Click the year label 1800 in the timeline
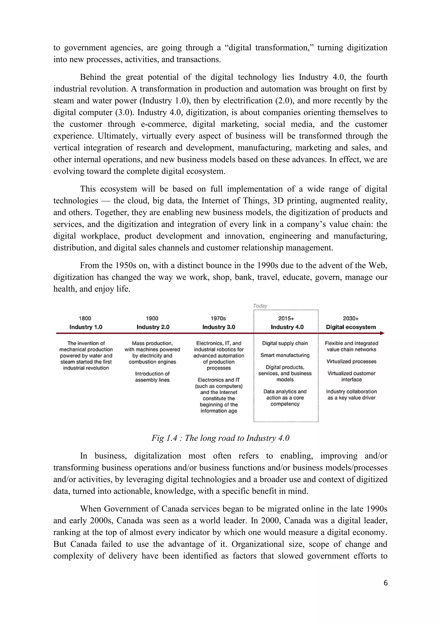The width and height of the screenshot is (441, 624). (x=85, y=318)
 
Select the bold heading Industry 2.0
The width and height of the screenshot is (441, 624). (x=153, y=327)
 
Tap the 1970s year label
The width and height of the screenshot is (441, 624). (x=218, y=318)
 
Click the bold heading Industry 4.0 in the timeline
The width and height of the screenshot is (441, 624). (x=287, y=327)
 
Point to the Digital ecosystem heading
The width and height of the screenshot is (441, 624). (x=351, y=327)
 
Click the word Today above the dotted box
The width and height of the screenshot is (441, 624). (x=260, y=306)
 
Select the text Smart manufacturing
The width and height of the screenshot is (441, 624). (x=285, y=355)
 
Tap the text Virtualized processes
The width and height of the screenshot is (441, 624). (x=351, y=362)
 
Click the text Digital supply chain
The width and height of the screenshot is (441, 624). (x=285, y=343)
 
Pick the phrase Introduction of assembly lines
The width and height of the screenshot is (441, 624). (x=152, y=377)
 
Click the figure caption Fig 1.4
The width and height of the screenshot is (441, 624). (x=220, y=438)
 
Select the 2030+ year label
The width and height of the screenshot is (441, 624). (x=351, y=318)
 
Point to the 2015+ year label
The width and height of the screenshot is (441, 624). (x=286, y=318)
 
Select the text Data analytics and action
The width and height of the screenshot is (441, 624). (x=285, y=395)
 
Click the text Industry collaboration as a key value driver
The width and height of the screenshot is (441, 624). (x=351, y=395)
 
